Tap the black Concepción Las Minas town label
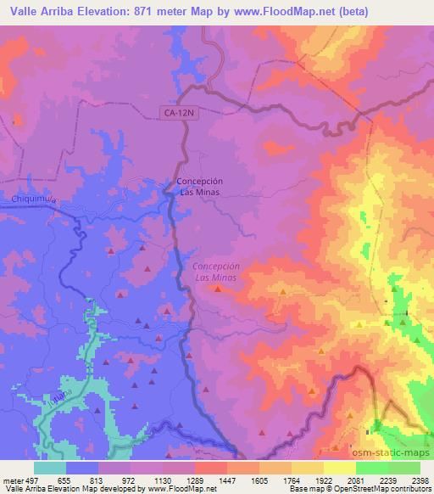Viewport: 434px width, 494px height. (x=199, y=187)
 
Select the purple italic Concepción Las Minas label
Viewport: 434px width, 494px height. (x=217, y=272)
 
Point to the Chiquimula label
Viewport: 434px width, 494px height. (x=34, y=199)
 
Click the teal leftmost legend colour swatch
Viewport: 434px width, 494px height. (x=50, y=468)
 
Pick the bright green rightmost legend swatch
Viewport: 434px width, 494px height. (x=403, y=468)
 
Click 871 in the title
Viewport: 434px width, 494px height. (x=172, y=11)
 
